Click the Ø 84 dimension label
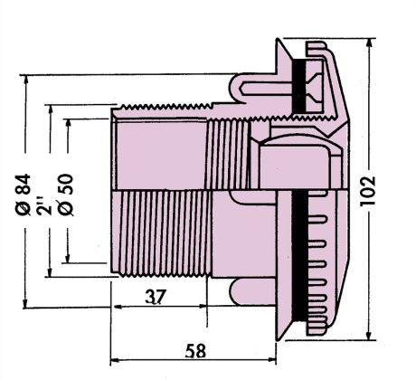(24, 195)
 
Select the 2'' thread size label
(45, 205)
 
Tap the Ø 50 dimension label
(66, 195)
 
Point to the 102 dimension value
(368, 191)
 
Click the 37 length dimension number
(156, 297)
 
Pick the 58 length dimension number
(196, 351)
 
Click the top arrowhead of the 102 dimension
(370, 43)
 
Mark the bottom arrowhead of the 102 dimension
(369, 335)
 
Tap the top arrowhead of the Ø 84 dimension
(26, 81)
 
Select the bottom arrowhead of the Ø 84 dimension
(26, 303)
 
